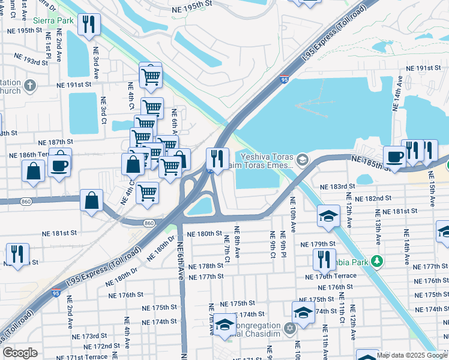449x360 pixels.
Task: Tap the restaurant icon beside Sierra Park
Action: (89, 25)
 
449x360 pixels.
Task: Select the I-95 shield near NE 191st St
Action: (284, 79)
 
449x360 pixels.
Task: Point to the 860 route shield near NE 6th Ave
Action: (149, 223)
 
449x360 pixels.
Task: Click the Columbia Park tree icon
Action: (377, 261)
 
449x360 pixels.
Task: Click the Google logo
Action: (20, 353)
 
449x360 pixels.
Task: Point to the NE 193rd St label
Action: (27, 62)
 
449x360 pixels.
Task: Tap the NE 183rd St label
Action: (337, 187)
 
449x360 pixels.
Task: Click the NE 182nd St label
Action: (373, 198)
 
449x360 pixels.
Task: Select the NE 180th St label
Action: (204, 234)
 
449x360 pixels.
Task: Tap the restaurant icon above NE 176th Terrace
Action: (324, 259)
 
